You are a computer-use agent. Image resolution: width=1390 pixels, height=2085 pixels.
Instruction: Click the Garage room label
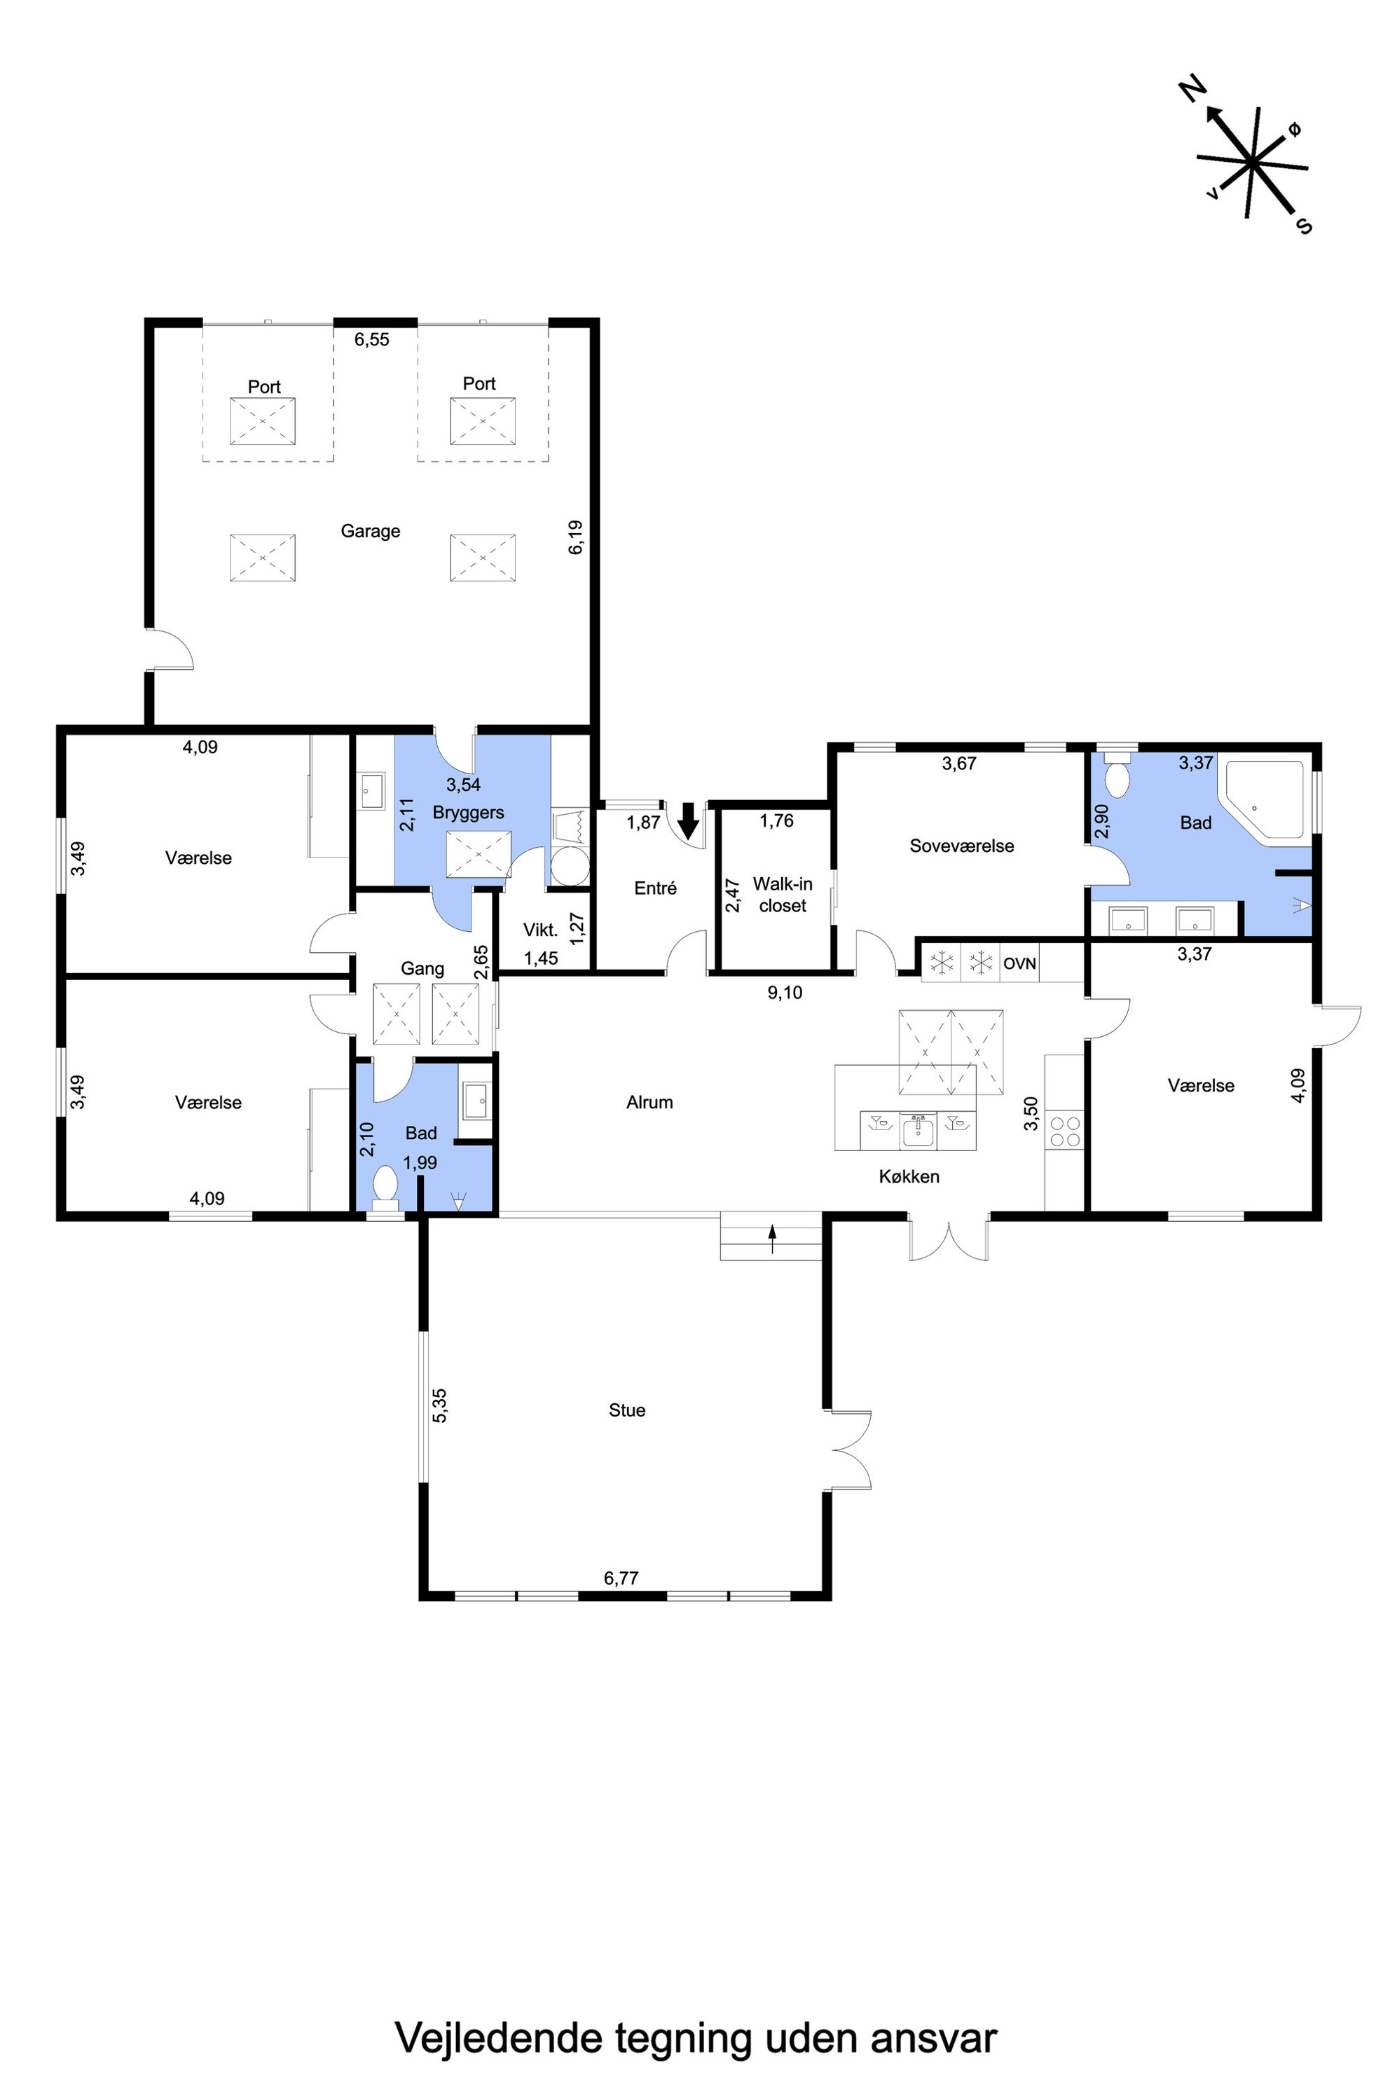371,531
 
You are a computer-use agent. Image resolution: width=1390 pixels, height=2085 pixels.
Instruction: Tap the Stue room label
627,1410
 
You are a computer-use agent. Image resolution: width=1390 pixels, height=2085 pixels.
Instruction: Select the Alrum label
649,1102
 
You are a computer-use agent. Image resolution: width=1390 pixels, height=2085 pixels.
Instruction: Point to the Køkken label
909,1176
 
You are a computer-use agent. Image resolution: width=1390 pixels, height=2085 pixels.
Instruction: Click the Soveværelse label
962,846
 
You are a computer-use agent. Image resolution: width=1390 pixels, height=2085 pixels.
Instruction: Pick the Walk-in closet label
783,895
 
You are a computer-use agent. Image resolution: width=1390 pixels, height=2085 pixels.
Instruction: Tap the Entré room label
656,888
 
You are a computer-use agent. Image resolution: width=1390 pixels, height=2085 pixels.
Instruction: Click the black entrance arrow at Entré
688,821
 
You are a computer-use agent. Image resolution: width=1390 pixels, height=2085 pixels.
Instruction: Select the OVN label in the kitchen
1019,963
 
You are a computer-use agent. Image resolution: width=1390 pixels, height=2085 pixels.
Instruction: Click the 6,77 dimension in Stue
621,1578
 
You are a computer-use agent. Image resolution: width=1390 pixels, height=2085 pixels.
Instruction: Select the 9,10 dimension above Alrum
785,993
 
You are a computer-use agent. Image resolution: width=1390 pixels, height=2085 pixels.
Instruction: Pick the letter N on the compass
1193,89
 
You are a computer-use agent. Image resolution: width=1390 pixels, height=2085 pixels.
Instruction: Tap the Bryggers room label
468,813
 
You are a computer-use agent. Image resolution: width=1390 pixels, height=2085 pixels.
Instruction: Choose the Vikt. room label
541,930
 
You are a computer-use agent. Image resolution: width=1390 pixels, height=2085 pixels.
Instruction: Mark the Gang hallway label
422,969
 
